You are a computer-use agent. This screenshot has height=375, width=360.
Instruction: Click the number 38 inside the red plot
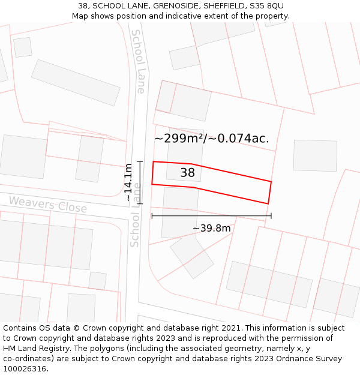188,173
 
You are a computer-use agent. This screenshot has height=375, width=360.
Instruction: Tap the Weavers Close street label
48,204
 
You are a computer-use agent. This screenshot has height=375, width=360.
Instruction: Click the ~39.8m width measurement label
211,228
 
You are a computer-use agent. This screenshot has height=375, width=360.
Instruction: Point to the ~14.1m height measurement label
128,182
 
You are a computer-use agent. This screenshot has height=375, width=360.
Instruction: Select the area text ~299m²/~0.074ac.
211,139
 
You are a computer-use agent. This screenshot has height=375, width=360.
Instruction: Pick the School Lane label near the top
139,61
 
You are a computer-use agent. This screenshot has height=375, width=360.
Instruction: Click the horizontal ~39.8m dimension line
211,216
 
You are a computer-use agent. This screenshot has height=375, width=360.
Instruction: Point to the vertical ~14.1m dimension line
140,182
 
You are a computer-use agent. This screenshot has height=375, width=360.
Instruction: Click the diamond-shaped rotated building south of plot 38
191,256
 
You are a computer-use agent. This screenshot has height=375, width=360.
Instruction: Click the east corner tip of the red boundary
271,182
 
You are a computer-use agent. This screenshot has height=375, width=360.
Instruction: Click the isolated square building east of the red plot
315,155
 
